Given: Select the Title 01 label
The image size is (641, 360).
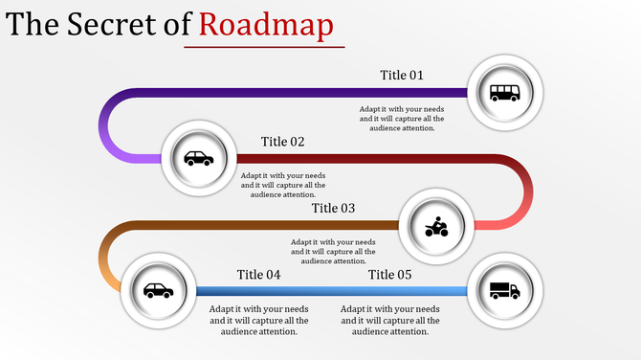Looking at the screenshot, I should [x=401, y=76].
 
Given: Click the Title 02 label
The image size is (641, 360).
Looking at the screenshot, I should [x=282, y=142].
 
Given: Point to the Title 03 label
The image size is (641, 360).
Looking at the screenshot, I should [x=333, y=208].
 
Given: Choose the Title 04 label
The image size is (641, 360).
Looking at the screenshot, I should [x=258, y=275].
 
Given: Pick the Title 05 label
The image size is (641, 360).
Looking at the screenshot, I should [x=389, y=275].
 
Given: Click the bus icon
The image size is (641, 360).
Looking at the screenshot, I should [x=505, y=93].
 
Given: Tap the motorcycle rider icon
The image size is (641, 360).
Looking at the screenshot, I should [x=435, y=227].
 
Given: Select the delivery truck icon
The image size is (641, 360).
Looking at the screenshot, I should [x=504, y=290].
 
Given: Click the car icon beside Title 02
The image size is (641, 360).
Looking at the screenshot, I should [x=199, y=158].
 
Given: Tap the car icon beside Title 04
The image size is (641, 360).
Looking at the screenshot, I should [x=158, y=290].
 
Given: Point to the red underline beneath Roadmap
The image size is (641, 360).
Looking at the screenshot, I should [x=258, y=45].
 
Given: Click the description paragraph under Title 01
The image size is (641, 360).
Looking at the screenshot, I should [x=402, y=119].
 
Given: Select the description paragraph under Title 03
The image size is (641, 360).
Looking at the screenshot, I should [x=333, y=251].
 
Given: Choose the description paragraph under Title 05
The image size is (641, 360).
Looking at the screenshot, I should [x=389, y=320].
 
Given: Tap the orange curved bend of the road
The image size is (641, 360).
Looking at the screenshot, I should [x=103, y=259].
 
